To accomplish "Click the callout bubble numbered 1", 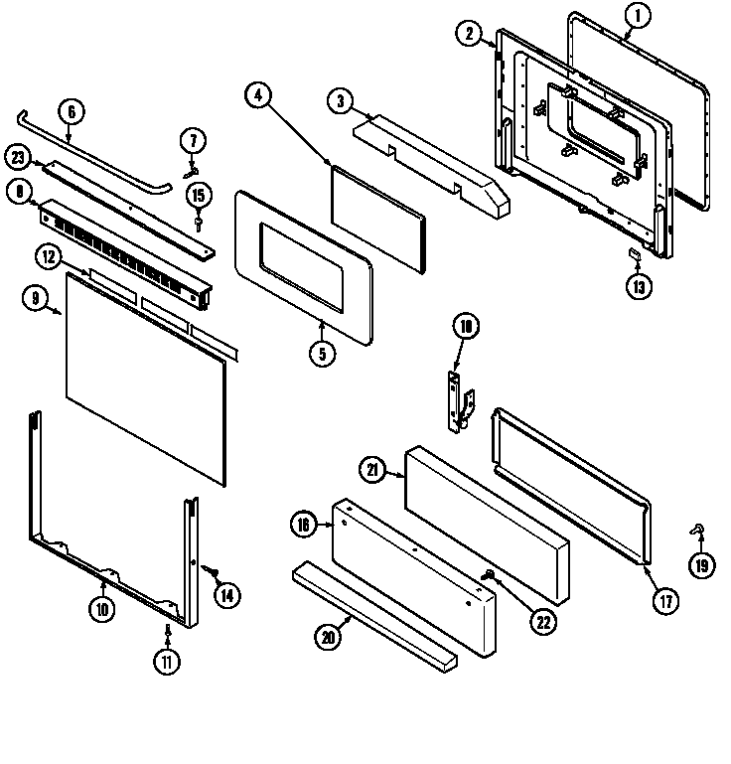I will [x=639, y=14].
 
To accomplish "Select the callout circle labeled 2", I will [x=470, y=34].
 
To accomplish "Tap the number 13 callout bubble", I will [x=639, y=287].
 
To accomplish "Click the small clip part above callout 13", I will [x=634, y=256].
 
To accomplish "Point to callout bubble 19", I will [x=702, y=565].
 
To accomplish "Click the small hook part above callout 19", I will [x=698, y=534].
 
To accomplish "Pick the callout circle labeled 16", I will [x=304, y=525].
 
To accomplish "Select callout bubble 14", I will [x=226, y=595].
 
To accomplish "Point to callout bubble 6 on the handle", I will [x=68, y=110].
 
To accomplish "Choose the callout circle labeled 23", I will [x=17, y=156].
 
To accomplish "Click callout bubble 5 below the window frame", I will [x=321, y=354].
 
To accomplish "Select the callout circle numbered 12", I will [x=46, y=257].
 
